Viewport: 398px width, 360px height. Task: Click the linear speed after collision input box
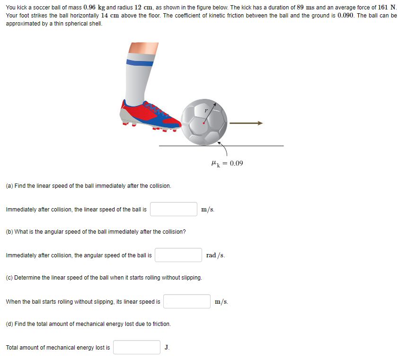(x=174, y=209)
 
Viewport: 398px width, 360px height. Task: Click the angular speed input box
(x=178, y=255)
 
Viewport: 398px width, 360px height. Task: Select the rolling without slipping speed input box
(x=187, y=301)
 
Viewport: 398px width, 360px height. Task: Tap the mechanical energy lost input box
(x=137, y=347)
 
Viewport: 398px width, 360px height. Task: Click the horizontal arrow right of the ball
(x=246, y=123)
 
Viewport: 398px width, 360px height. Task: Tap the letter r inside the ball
(x=206, y=110)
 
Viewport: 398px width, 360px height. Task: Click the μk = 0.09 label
(x=227, y=163)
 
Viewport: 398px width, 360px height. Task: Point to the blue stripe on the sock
(x=140, y=62)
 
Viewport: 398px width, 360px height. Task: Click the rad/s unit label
(x=216, y=255)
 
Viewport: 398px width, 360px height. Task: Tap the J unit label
(x=167, y=348)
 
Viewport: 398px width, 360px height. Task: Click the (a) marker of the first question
(x=9, y=186)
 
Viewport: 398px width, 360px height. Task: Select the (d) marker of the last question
(x=9, y=324)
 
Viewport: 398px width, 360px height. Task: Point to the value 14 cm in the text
(x=110, y=16)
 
